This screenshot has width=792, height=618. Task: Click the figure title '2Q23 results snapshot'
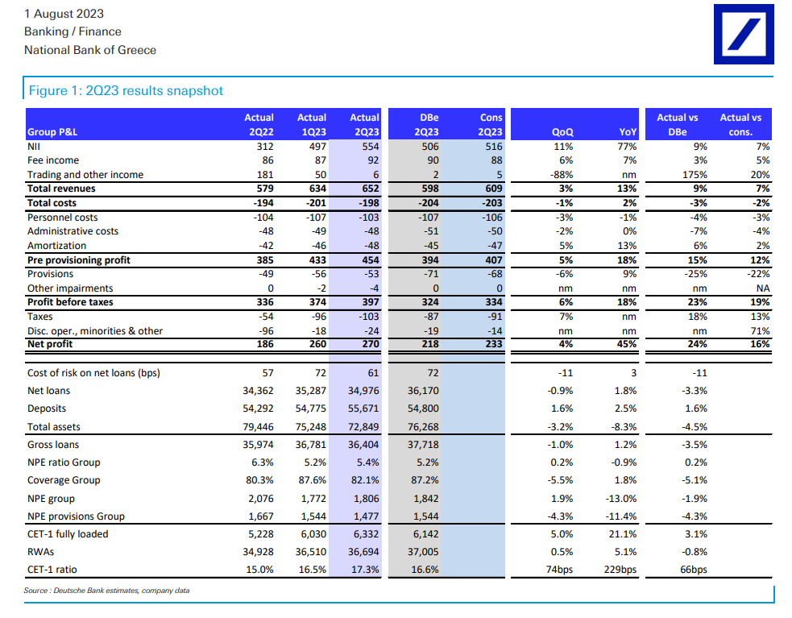click(126, 90)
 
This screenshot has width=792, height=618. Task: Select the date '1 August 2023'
click(64, 14)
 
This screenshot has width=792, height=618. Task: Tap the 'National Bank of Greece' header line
click(90, 50)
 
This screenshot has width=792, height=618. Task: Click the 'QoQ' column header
click(562, 132)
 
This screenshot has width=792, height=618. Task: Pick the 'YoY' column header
click(628, 132)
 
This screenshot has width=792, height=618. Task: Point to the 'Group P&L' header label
click(53, 132)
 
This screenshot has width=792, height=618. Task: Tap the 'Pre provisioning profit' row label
click(79, 260)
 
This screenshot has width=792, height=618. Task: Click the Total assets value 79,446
click(255, 427)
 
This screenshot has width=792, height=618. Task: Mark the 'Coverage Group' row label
click(64, 480)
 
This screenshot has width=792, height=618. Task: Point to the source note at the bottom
click(106, 591)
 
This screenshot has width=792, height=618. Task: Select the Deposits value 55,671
click(363, 409)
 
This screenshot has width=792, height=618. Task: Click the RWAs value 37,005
click(423, 552)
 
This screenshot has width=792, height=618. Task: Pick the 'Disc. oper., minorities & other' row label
click(95, 330)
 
